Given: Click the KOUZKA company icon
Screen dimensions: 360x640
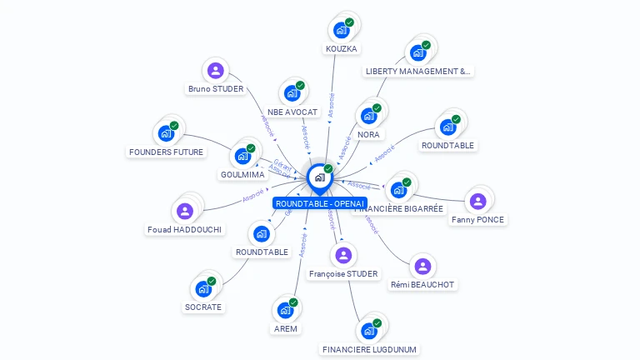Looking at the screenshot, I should coord(341,30).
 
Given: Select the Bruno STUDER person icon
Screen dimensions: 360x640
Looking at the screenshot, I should coord(216,70).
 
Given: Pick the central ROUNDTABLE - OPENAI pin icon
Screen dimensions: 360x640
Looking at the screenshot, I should coord(319,177).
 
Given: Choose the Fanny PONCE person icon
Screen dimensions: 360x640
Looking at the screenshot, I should coord(477,201).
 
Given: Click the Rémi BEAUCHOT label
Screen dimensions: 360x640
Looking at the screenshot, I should coord(422,284).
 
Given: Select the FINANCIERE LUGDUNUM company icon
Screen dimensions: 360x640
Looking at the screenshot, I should coord(368,331).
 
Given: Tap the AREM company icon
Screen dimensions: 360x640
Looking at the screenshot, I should coord(285,310).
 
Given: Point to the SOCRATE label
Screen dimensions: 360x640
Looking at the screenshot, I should coord(203,307).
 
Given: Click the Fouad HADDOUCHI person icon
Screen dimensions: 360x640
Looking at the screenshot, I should coord(186,210).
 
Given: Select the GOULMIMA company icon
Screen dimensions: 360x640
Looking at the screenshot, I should coord(242,156).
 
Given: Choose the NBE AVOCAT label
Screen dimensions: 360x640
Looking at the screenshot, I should coord(292,112).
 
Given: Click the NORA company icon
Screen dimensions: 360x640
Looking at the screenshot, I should coord(367,116).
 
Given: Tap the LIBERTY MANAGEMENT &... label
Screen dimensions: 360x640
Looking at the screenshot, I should coord(418,72).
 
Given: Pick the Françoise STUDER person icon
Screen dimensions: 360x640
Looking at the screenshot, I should coord(343,255).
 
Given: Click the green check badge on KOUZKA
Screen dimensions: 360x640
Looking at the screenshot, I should coord(349,22).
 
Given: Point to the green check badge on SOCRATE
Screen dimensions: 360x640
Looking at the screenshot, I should coord(212,282).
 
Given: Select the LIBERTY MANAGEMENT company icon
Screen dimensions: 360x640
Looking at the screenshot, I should coord(418,52).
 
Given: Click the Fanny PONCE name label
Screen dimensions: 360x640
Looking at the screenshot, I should coord(477,220).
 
